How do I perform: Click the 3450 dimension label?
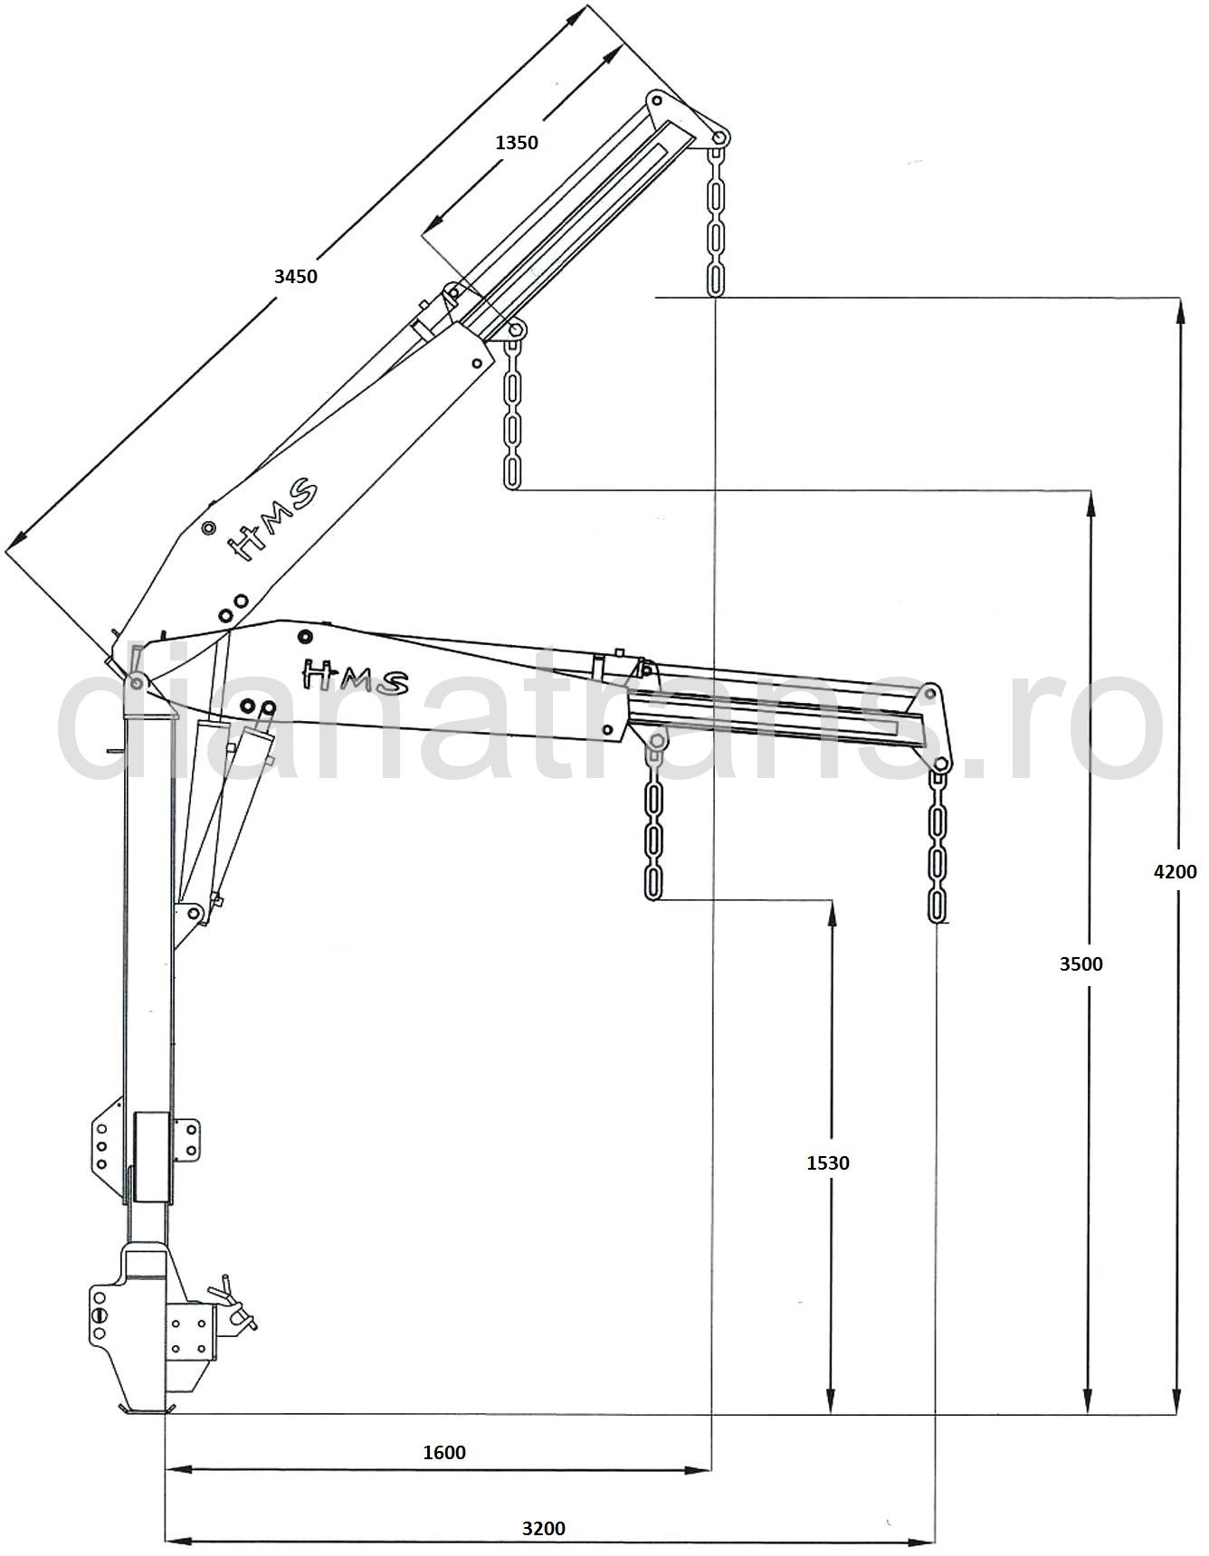296,276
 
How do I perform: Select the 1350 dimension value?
517,142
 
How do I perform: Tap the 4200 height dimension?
1175,871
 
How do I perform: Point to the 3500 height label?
1081,963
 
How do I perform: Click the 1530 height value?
828,1162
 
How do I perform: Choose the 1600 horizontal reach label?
444,1452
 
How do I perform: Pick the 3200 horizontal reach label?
544,1528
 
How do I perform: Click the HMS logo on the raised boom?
271,519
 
